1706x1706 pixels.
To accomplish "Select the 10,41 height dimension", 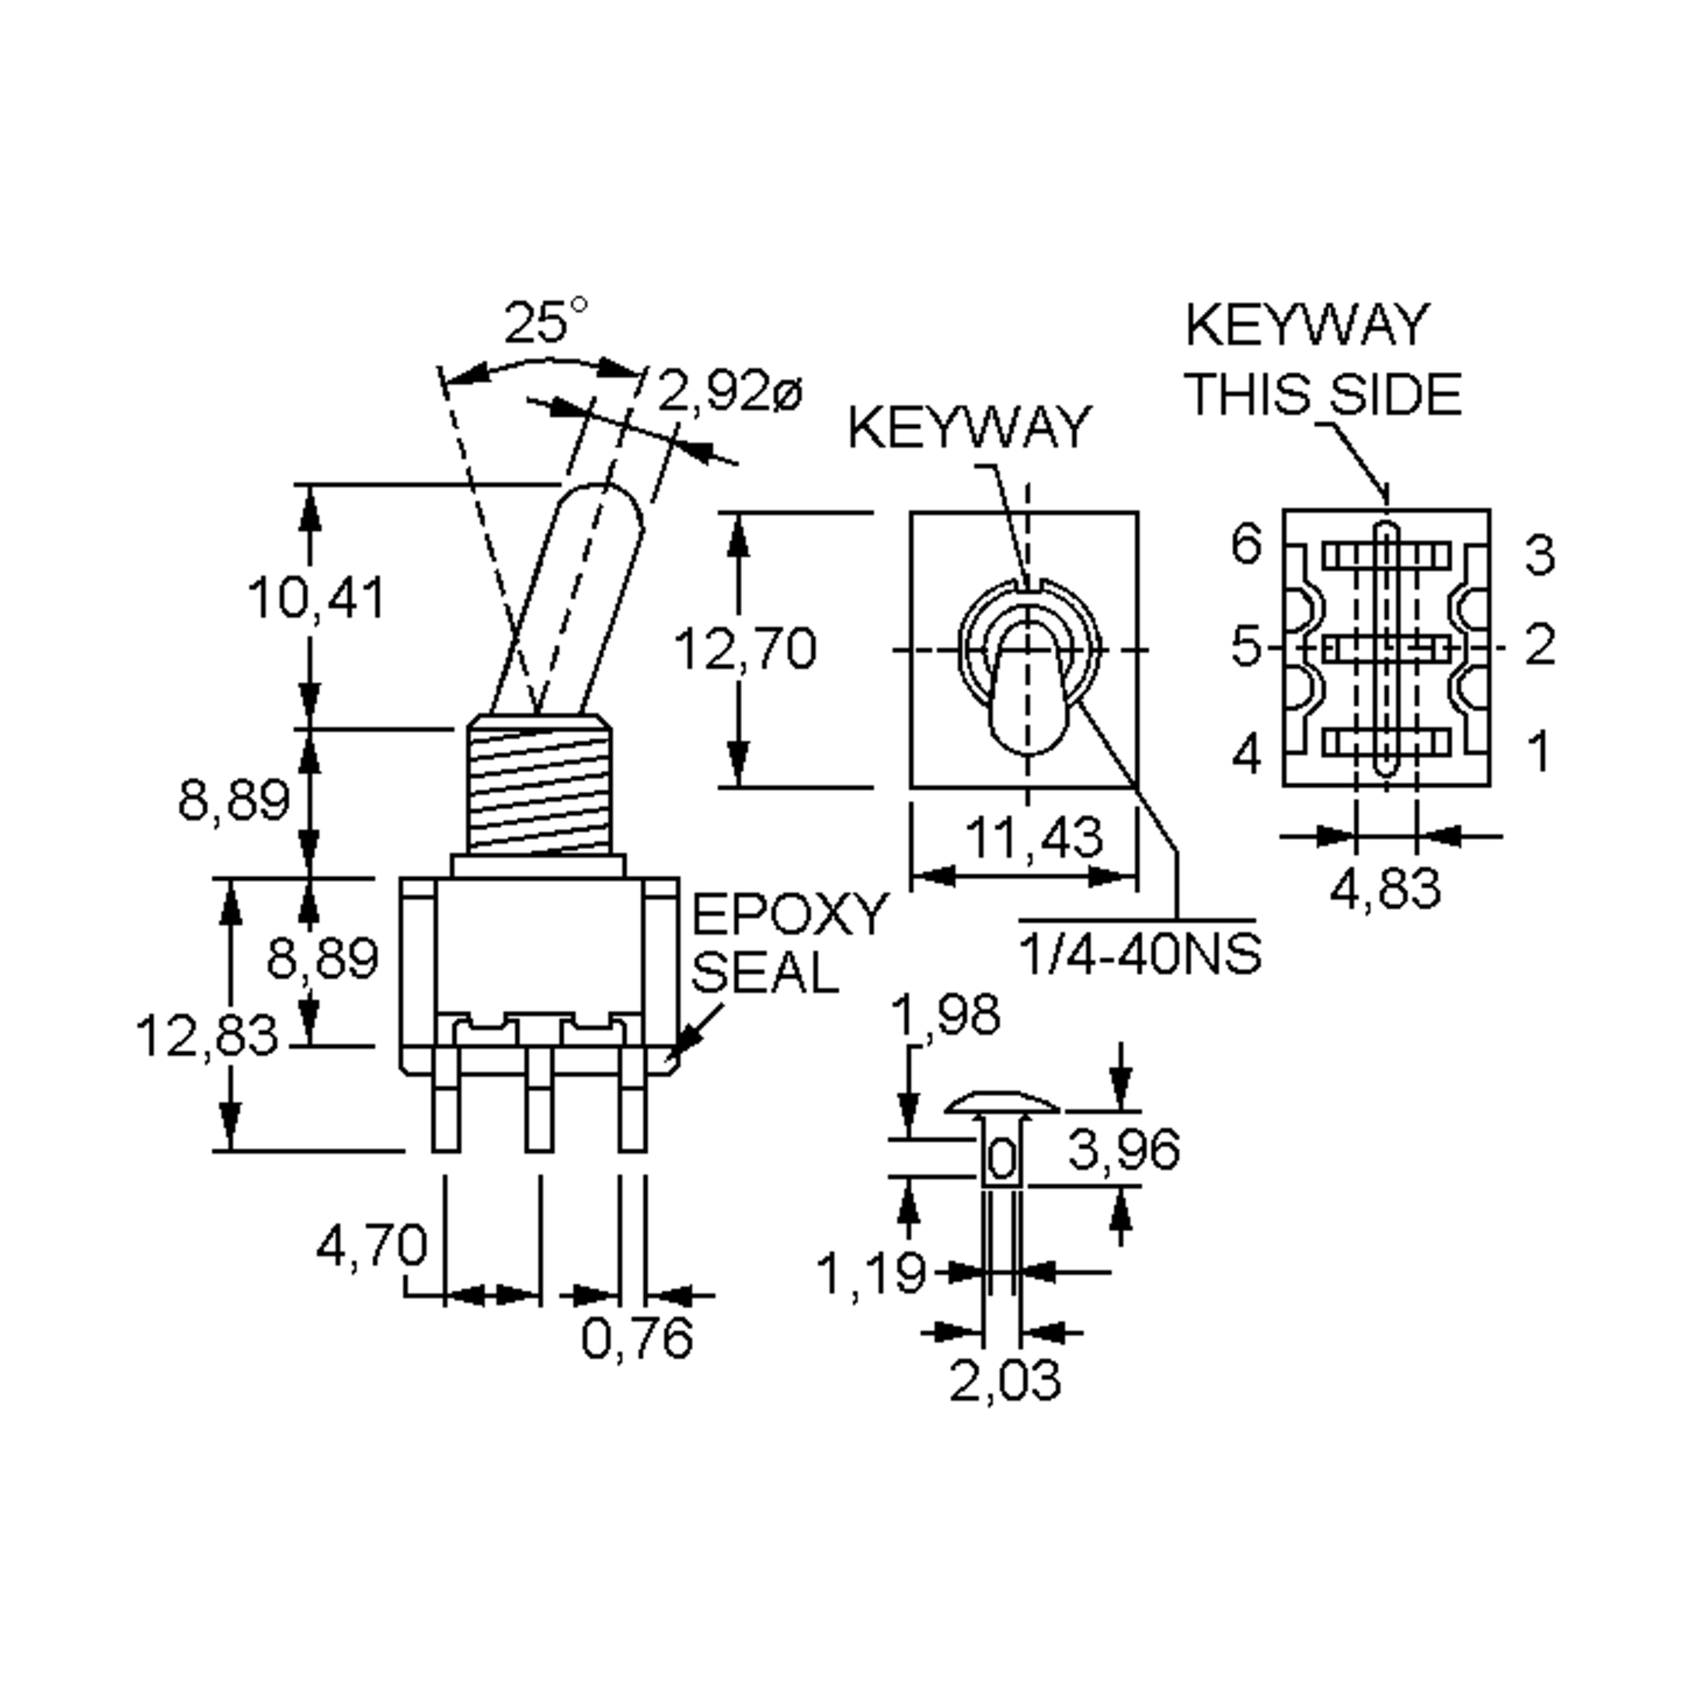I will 316,599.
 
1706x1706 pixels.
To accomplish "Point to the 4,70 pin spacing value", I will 371,1247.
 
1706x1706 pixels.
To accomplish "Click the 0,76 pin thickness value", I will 637,1338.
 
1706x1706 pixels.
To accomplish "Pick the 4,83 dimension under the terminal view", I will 1385,889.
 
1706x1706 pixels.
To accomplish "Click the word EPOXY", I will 788,915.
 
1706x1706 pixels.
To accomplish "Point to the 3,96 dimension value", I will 1123,1149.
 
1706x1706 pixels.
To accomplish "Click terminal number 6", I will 1247,544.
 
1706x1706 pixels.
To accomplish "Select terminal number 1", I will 1539,752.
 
